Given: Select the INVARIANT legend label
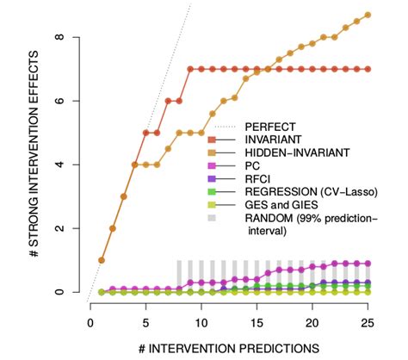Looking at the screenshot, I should pyautogui.click(x=274, y=139).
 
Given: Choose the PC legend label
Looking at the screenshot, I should pyautogui.click(x=253, y=164).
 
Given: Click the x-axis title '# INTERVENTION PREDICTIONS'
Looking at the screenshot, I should pyautogui.click(x=229, y=347).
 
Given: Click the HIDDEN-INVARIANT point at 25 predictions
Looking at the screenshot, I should pyautogui.click(x=368, y=15).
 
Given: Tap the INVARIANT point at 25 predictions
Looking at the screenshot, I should pyautogui.click(x=368, y=69).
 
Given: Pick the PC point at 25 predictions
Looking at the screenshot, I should pyautogui.click(x=368, y=264).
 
